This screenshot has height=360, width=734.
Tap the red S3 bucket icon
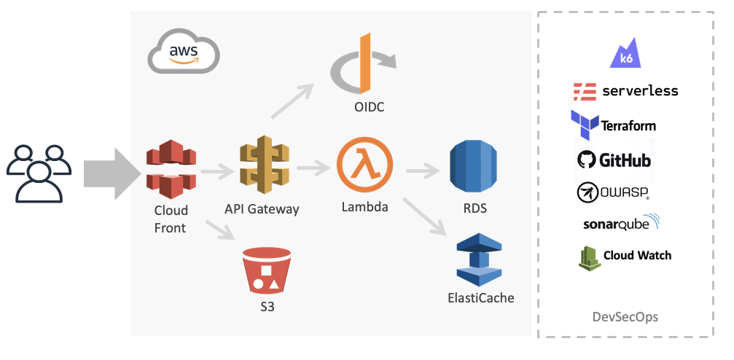(267, 270)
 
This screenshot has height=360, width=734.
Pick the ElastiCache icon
(480, 259)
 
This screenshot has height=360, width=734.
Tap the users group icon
(39, 173)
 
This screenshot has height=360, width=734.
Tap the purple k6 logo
(626, 56)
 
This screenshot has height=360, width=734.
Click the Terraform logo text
(628, 126)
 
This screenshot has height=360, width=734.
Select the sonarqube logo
(620, 223)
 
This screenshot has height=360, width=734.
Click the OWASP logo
(613, 192)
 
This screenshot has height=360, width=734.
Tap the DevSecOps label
(625, 316)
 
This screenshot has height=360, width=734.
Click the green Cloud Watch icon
(589, 257)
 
